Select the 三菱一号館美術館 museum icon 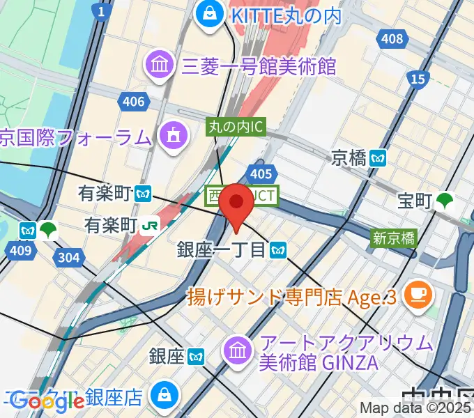click(x=160, y=65)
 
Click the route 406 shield click(x=132, y=102)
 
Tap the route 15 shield click(x=418, y=79)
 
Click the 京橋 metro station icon click(x=379, y=157)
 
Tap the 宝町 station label click(x=415, y=201)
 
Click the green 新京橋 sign click(x=394, y=238)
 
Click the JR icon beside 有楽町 click(x=150, y=225)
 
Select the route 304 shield click(x=70, y=258)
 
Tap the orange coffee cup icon click(x=420, y=293)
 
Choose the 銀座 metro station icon click(x=196, y=357)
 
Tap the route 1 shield click(x=102, y=11)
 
